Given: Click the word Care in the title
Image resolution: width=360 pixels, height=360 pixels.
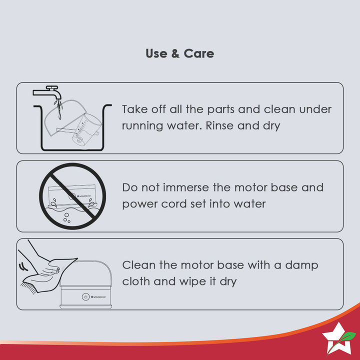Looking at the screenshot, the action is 199,53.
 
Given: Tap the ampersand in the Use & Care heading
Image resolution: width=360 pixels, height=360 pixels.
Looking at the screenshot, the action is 175,53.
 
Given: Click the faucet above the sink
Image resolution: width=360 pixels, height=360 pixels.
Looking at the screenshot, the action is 47,92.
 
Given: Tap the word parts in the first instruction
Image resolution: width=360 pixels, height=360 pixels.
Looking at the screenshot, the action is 220,109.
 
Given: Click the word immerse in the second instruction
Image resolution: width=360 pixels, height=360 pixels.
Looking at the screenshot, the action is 185,187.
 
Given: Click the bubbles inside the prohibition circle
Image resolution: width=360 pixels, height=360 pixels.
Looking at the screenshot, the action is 67,217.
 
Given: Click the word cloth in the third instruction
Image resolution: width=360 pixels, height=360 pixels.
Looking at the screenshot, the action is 136,281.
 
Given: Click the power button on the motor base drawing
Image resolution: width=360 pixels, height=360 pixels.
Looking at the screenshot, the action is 85,297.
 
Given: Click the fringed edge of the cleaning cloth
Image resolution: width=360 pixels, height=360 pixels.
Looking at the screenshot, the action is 28,287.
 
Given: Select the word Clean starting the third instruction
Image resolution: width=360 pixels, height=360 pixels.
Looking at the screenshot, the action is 139,265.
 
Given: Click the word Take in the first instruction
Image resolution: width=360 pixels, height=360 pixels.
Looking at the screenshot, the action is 134,109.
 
